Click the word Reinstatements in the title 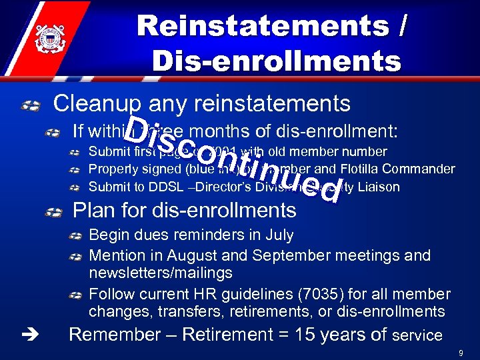(x=262, y=27)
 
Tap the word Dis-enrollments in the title (x=277, y=61)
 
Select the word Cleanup (x=98, y=104)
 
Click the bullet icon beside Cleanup (x=31, y=105)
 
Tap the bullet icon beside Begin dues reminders (x=77, y=236)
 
